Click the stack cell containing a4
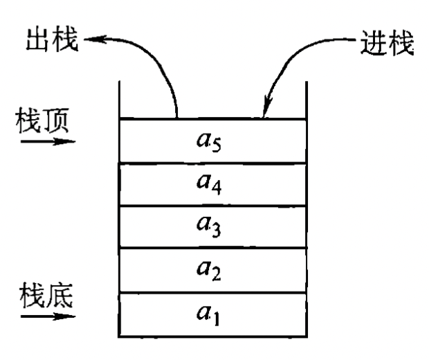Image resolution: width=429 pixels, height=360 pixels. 213,184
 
